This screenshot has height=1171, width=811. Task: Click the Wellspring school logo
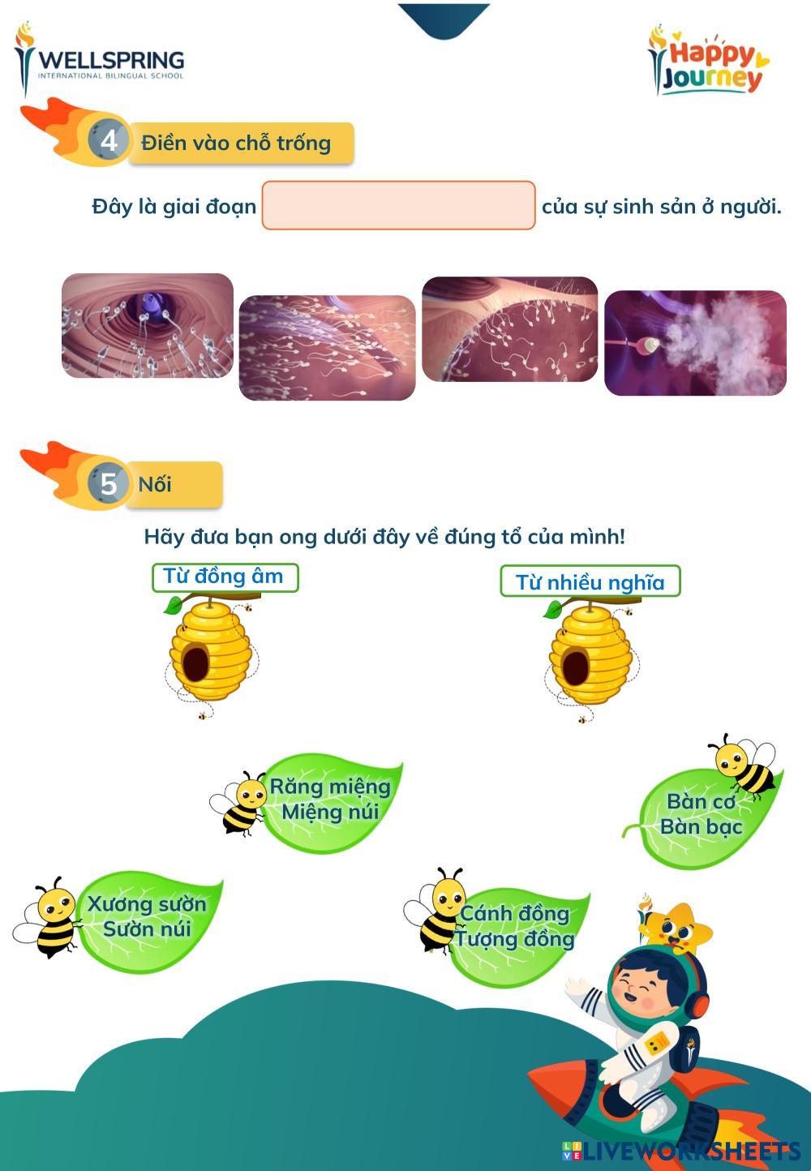point(99,62)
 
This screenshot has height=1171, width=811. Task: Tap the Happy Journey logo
point(708,61)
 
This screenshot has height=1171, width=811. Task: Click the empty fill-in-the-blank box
point(398,205)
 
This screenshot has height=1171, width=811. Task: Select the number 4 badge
point(108,140)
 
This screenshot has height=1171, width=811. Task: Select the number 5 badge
point(108,483)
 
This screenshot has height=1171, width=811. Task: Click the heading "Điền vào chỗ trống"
point(236,143)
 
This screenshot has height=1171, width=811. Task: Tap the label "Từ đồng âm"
point(225,577)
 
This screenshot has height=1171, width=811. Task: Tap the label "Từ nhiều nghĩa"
point(590,581)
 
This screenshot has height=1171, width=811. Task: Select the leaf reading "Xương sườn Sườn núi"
point(148,920)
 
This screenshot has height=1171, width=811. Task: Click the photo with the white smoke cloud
point(695,343)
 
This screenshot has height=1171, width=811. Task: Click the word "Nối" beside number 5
point(155,484)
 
